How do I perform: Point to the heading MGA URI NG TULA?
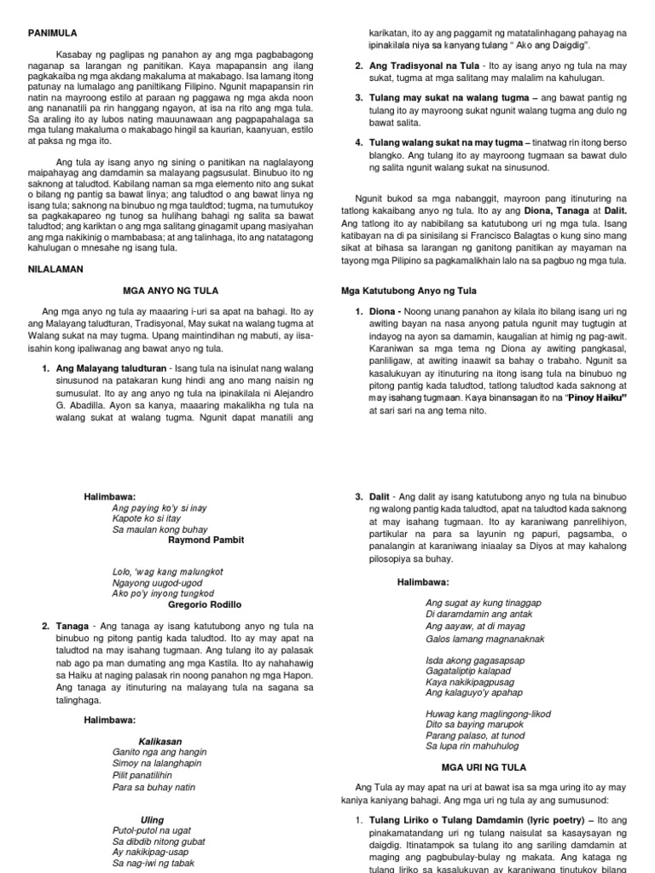(484, 766)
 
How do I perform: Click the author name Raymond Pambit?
(205, 540)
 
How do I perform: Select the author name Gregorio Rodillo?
(205, 604)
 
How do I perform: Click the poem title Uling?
(153, 819)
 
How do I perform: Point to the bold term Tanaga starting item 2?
(74, 626)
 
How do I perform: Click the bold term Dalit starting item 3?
(382, 496)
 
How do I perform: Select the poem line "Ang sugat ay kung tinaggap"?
(483, 602)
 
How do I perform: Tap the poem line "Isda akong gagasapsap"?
(474, 660)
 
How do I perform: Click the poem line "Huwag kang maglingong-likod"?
(488, 714)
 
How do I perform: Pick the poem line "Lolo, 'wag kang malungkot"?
(163, 571)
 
